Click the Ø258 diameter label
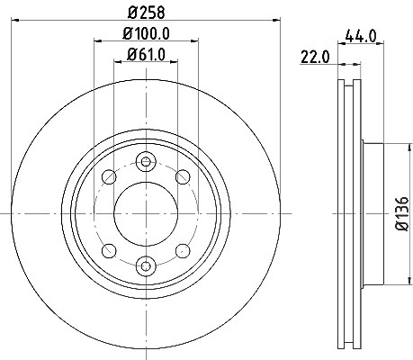pyautogui.click(x=147, y=13)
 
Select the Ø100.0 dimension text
pyautogui.click(x=146, y=33)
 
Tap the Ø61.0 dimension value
pyautogui.click(x=146, y=55)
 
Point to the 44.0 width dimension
pyautogui.click(x=361, y=36)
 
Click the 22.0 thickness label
pyautogui.click(x=315, y=57)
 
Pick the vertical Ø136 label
pyautogui.click(x=402, y=213)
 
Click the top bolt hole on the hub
pyautogui.click(x=146, y=162)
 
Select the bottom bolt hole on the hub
pyautogui.click(x=146, y=266)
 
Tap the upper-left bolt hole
pyautogui.click(x=109, y=176)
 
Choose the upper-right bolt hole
pyautogui.click(x=183, y=176)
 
